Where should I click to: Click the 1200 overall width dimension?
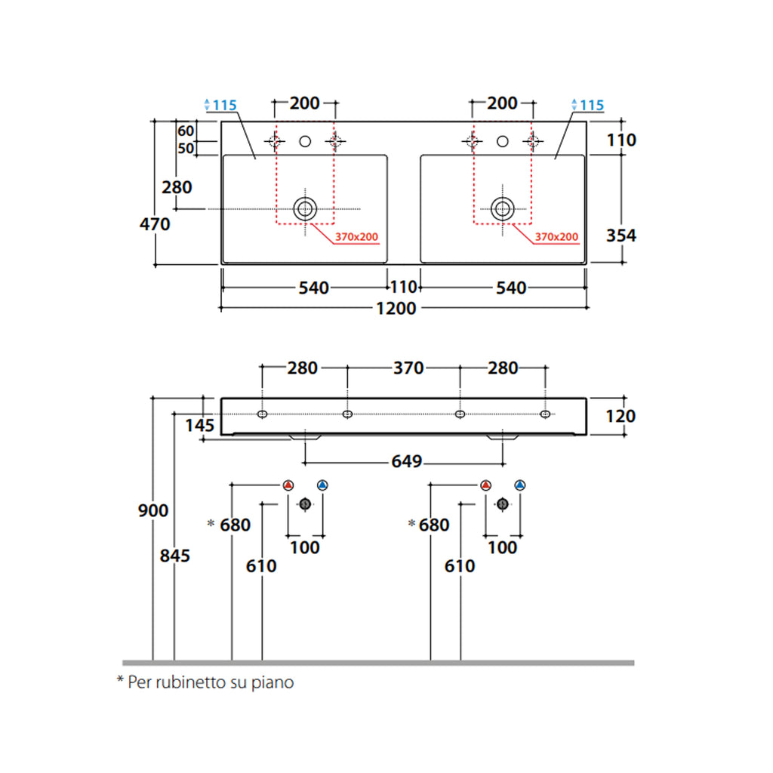point(396,309)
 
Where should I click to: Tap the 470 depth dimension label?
point(155,224)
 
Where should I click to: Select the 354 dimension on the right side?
point(621,236)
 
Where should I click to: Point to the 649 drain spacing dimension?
point(406,461)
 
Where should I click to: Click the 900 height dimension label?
point(153,511)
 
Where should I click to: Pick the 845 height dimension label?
point(174,556)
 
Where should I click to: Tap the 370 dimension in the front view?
point(408,368)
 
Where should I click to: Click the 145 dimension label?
point(200,426)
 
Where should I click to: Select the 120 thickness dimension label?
point(621,416)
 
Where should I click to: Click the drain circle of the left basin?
point(305,208)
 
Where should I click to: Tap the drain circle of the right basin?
point(503,208)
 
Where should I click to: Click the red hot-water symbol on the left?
point(288,485)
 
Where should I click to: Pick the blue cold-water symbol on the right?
point(520,485)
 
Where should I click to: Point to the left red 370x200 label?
point(356,237)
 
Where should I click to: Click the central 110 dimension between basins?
point(404,288)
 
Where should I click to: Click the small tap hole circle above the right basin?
point(503,140)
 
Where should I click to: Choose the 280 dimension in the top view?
point(177,186)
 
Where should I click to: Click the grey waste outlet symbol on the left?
point(305,504)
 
